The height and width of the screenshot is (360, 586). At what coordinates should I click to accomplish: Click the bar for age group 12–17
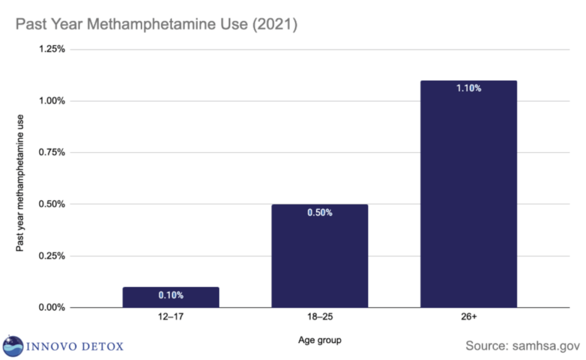click(171, 301)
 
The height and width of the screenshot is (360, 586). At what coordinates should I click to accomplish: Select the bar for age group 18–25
click(320, 259)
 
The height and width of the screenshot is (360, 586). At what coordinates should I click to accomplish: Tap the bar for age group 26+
click(468, 198)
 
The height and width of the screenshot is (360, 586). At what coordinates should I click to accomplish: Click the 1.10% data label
click(468, 88)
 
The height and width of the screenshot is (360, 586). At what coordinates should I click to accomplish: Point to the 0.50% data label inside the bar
click(320, 212)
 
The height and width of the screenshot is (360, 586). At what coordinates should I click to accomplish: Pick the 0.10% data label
click(171, 295)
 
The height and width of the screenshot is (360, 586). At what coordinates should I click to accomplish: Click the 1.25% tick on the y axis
click(52, 49)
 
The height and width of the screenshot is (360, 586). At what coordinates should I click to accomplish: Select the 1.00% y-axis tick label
click(52, 101)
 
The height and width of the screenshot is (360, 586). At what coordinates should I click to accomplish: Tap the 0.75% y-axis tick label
click(52, 153)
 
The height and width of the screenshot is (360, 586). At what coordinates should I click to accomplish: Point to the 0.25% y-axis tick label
click(52, 256)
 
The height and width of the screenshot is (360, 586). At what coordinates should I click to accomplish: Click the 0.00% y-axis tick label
click(52, 307)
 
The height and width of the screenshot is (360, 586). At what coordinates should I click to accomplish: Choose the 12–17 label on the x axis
click(171, 317)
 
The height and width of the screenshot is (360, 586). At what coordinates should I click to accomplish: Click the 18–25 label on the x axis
click(320, 317)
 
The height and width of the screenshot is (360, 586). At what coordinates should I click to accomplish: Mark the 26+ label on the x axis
click(468, 317)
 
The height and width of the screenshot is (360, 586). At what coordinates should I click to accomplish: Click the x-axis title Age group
click(320, 340)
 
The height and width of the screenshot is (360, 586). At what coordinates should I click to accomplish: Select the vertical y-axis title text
click(20, 183)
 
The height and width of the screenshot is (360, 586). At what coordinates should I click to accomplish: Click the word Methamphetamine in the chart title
click(167, 24)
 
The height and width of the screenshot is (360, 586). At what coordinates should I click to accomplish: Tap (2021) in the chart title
click(274, 24)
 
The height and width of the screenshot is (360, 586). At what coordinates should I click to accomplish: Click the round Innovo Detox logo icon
click(13, 346)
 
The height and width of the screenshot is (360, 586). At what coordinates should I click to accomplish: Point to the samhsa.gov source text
click(546, 346)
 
